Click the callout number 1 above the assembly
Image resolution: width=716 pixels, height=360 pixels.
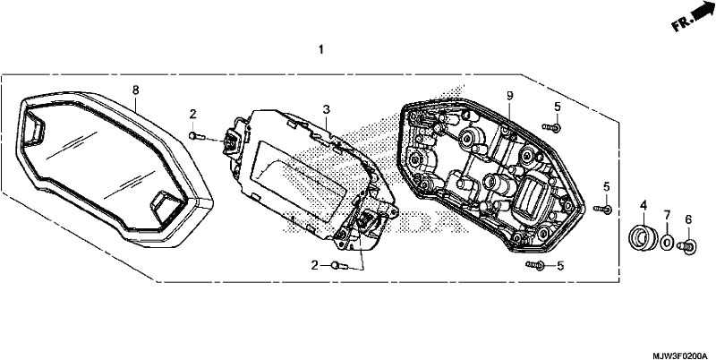point(321,49)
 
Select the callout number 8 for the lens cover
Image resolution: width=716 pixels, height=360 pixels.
point(135,90)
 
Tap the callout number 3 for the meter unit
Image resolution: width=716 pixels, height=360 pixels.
point(326,109)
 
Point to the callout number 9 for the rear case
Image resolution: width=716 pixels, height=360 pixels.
point(509,96)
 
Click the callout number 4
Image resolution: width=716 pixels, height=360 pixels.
point(644,206)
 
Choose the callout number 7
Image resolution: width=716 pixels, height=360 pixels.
point(666,214)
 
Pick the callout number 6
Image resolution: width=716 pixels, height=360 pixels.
point(688,219)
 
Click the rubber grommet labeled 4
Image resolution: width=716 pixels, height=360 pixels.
point(643,236)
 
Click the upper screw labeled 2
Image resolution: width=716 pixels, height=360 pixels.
point(194,135)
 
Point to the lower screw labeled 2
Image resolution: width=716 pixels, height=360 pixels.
point(339,265)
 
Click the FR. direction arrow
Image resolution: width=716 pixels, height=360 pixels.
point(692,17)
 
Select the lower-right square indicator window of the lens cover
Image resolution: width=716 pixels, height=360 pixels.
point(166,206)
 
